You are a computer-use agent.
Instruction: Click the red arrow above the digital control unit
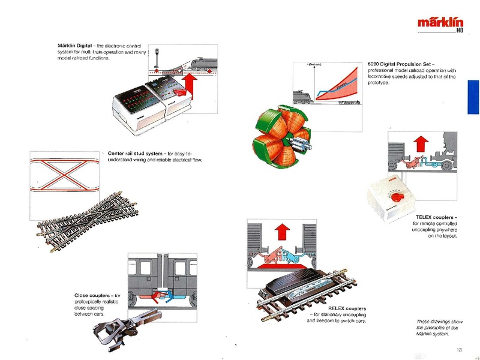189,86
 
